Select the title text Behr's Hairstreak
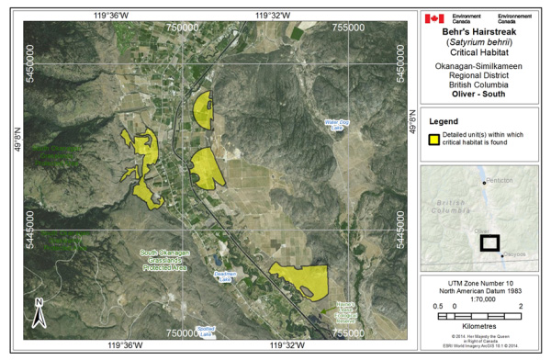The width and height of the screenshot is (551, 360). pyautogui.click(x=482, y=29)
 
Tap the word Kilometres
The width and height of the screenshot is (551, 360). pyautogui.click(x=481, y=326)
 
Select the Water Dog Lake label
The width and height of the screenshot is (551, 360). pyautogui.click(x=338, y=124)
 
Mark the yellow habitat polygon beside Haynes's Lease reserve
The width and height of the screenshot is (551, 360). pyautogui.click(x=298, y=277)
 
